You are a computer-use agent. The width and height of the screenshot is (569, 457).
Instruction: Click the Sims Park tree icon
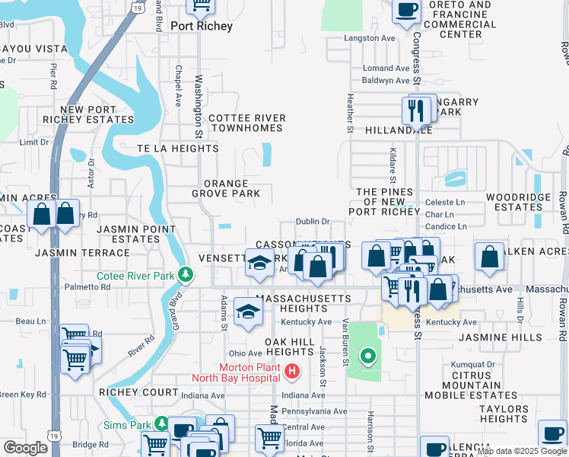pyautogui.click(x=161, y=423)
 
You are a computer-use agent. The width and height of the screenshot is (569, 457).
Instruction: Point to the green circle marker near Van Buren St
pyautogui.click(x=367, y=355)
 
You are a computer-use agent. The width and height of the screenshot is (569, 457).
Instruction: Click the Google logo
pyautogui.click(x=25, y=448)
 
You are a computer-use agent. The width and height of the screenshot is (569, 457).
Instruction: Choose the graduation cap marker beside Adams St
pyautogui.click(x=248, y=312)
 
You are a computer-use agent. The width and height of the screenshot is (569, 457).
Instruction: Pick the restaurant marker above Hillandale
pyautogui.click(x=415, y=109)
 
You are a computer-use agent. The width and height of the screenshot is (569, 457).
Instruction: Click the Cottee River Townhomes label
pyautogui.click(x=247, y=123)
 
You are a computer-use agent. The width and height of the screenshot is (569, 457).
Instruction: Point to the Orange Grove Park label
pyautogui.click(x=226, y=189)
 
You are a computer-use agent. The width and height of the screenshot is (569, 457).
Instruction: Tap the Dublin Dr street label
pyautogui.click(x=312, y=222)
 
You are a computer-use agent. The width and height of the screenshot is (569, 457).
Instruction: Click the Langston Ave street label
pyautogui.click(x=370, y=38)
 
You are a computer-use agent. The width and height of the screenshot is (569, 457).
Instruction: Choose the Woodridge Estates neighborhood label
pyautogui.click(x=513, y=202)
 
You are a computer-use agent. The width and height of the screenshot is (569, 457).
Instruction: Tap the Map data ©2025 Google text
pyautogui.click(x=521, y=451)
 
